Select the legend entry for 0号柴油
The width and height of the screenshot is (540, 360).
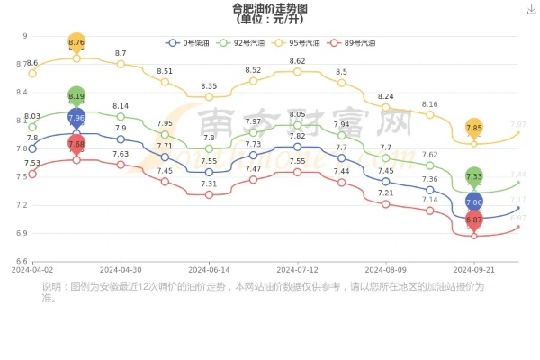coord(189,42)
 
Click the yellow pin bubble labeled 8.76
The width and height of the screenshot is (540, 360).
coord(76,42)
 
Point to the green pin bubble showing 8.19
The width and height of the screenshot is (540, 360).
coord(76,96)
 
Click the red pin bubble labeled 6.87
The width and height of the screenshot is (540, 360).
coord(474,220)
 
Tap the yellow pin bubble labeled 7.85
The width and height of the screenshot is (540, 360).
coord(474,128)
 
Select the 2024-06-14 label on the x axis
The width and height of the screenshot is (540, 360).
coord(209,269)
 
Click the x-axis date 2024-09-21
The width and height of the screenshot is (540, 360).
coord(474,269)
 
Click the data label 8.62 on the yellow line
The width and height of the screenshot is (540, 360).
coord(297,61)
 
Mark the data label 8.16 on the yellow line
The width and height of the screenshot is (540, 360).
coord(429,104)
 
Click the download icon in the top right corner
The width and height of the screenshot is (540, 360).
coord(531,8)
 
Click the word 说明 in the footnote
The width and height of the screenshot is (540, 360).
coord(51,286)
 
